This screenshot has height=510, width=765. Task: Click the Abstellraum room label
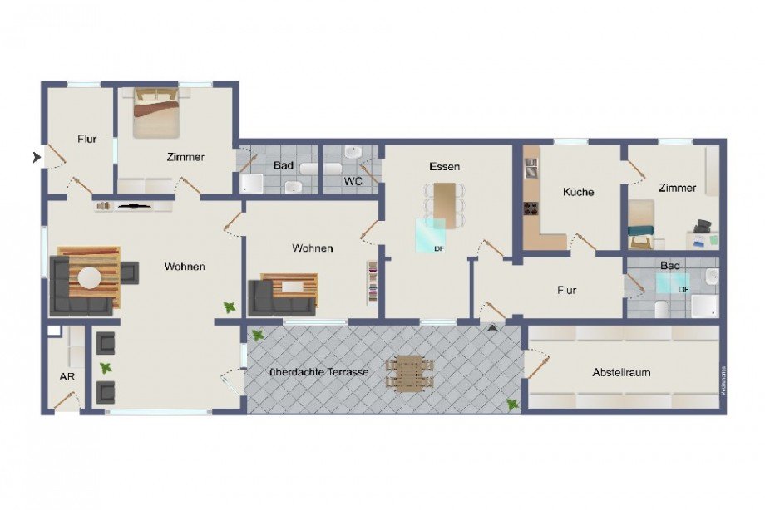click(x=621, y=372)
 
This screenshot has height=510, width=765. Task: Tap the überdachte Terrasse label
click(x=318, y=372)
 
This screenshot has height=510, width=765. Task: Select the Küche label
click(x=578, y=192)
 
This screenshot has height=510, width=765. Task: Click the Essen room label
click(x=444, y=166)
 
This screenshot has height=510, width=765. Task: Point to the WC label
click(x=353, y=180)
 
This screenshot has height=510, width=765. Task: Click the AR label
click(x=64, y=375)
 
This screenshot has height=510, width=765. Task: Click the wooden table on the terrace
click(x=410, y=373)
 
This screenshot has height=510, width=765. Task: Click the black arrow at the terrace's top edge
click(x=492, y=328)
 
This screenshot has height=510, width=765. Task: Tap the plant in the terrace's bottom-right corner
click(x=513, y=404)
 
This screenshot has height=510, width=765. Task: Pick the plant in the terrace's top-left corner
click(x=258, y=335)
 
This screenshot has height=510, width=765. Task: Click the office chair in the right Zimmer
click(x=703, y=227)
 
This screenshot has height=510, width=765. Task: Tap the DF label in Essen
click(x=438, y=248)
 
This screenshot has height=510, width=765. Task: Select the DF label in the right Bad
click(x=684, y=288)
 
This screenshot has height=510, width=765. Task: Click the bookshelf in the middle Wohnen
click(x=373, y=282)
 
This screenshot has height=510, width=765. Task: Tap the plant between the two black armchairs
click(x=106, y=367)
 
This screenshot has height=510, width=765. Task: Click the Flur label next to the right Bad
click(x=566, y=290)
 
